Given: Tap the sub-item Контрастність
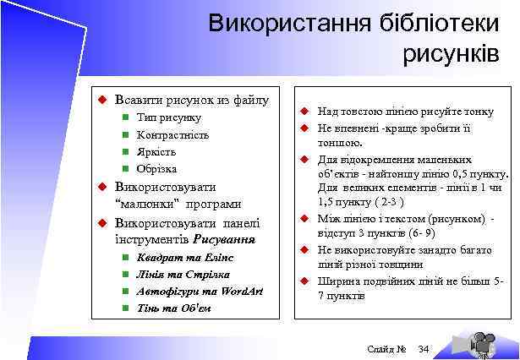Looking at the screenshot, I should click(x=172, y=134).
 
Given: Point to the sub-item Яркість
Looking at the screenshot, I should click(x=156, y=151).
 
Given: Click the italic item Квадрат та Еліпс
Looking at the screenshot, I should click(x=180, y=257).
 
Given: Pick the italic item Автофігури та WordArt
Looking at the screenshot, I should click(x=200, y=291).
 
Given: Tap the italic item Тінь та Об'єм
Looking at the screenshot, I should click(x=173, y=308).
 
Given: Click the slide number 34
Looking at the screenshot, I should click(x=424, y=349).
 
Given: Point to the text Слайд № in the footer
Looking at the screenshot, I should click(x=387, y=349).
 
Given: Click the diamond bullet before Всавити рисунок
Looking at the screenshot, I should click(x=100, y=101).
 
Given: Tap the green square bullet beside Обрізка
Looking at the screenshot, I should click(x=123, y=168).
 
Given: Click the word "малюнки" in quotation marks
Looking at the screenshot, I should click(x=144, y=204).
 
